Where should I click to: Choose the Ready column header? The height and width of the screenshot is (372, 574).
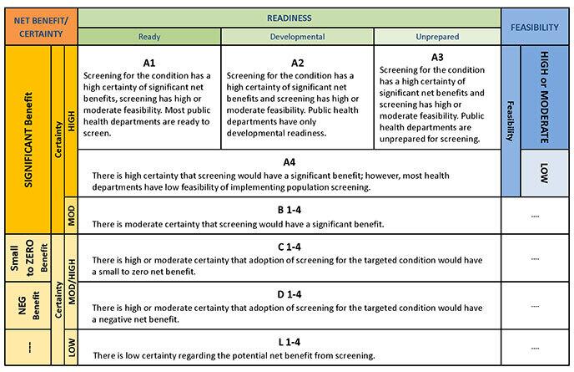click(149, 37)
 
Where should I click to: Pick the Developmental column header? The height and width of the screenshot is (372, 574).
click(297, 37)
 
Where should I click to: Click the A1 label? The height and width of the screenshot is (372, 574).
click(149, 63)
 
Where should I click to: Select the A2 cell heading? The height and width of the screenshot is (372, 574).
click(297, 63)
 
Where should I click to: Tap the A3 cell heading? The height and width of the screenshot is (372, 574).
click(436, 58)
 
